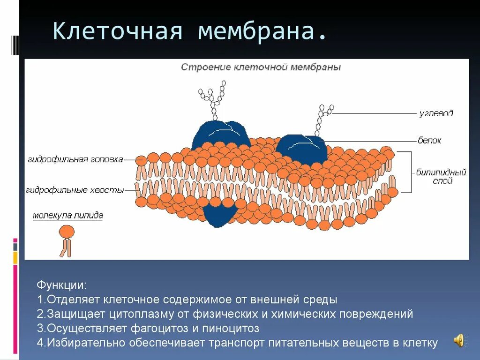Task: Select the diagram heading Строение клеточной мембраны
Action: coord(261,67)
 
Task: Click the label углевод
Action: coord(436,113)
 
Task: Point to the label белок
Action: coord(429,140)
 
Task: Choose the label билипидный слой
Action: coord(441,177)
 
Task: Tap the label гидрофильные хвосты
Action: coord(75,190)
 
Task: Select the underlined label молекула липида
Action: coord(68,216)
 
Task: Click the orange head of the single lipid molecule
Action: coord(67,231)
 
